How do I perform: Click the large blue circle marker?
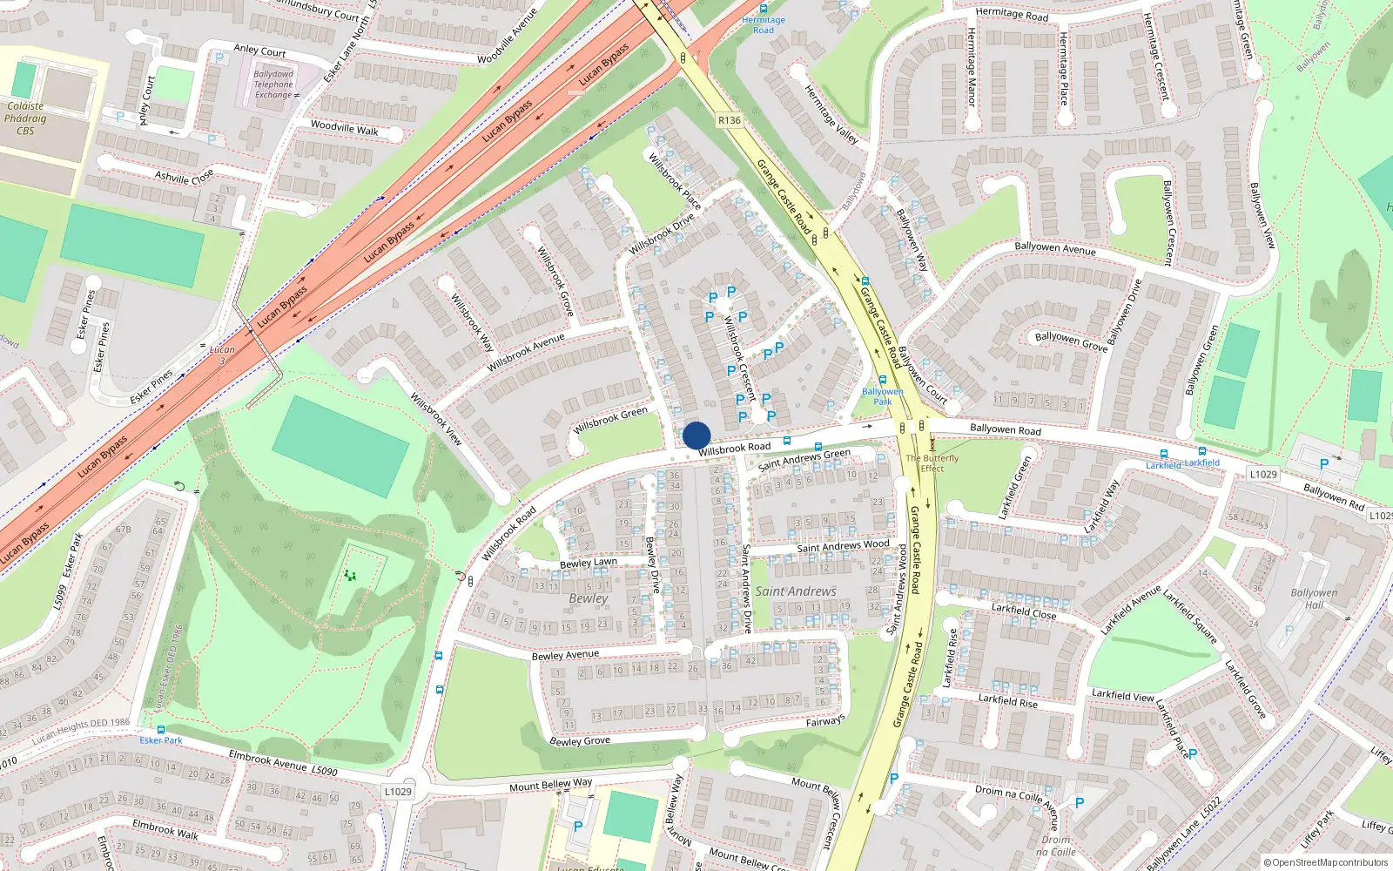(x=696, y=435)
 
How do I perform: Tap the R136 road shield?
(x=730, y=121)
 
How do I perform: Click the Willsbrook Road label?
(x=734, y=449)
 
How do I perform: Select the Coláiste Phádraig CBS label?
(x=25, y=118)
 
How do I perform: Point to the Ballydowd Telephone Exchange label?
(x=273, y=84)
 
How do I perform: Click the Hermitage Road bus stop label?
(x=764, y=24)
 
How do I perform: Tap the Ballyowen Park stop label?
(x=883, y=396)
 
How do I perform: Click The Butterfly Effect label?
(x=932, y=463)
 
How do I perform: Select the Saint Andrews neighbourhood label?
(x=796, y=591)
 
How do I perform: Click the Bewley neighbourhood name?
(x=589, y=598)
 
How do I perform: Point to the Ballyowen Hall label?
(x=1314, y=598)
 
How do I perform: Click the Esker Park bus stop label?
(x=161, y=740)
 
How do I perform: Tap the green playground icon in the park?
(x=351, y=575)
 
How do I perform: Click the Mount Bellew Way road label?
(x=550, y=786)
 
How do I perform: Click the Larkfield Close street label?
(x=1024, y=611)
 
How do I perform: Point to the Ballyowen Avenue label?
(x=1055, y=248)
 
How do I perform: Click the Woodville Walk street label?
(x=345, y=128)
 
